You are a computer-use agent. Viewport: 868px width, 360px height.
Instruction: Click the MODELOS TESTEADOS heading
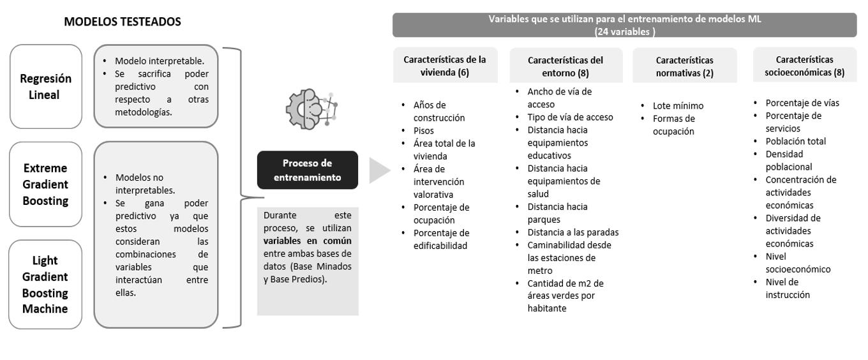(x=123, y=22)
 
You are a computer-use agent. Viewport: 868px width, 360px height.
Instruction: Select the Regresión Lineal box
(x=46, y=86)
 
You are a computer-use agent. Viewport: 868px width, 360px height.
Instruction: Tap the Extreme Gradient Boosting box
(x=46, y=184)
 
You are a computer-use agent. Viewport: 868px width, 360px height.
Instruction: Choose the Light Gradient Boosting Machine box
(x=46, y=285)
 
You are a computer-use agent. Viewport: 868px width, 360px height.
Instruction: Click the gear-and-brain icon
(x=310, y=108)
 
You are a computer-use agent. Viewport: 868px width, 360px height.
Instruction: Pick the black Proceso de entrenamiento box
(x=308, y=170)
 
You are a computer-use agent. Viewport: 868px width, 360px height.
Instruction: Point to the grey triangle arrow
(x=379, y=170)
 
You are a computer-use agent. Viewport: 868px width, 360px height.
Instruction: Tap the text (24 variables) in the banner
(x=624, y=31)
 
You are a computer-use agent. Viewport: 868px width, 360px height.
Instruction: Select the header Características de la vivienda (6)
(x=445, y=66)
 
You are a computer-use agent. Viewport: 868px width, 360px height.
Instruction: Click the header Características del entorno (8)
(x=565, y=66)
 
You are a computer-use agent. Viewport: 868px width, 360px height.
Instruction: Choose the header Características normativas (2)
(x=684, y=66)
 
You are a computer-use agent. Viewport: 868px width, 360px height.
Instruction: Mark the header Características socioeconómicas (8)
(x=804, y=66)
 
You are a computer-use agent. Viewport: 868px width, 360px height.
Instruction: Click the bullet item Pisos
(x=424, y=130)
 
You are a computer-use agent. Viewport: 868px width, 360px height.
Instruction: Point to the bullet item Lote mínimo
(x=678, y=105)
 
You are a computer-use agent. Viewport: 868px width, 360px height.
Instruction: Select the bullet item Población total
(x=795, y=141)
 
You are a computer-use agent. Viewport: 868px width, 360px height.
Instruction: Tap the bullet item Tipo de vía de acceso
(x=570, y=117)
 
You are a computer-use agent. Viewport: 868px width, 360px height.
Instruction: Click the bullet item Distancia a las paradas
(x=572, y=232)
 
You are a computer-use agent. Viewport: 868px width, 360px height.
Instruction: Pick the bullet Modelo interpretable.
(x=159, y=61)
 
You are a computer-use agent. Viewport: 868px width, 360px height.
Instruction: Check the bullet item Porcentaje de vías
(x=802, y=103)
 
